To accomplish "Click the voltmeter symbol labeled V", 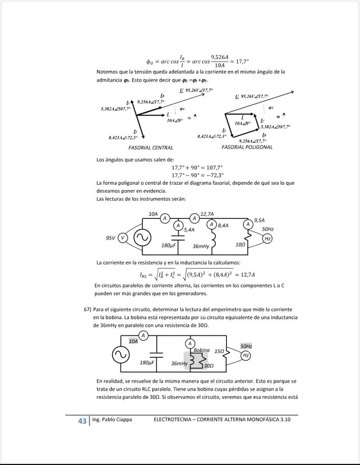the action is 123,238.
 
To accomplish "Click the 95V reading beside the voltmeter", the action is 110,238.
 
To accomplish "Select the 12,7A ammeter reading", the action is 207,214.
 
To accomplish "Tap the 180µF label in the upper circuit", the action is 169,245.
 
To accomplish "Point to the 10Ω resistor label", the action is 240,245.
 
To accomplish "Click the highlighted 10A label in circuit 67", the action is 133,342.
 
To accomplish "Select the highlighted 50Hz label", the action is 246,346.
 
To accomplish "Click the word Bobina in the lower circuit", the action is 201,350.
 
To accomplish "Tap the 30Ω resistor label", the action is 209,366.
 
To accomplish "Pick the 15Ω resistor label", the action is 219,351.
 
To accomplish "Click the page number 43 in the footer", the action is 82,421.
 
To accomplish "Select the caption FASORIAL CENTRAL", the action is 151,148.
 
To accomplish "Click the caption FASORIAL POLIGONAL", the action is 247,147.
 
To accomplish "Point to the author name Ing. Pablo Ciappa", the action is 112,419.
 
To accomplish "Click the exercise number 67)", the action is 88,309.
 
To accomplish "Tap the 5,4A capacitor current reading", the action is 189,229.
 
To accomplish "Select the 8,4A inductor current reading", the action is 223,225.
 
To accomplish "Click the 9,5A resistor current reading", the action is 259,220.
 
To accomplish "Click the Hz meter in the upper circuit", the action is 268,239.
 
